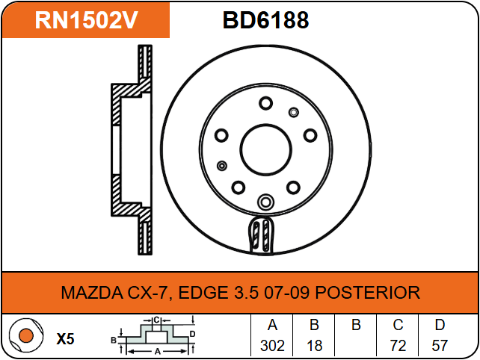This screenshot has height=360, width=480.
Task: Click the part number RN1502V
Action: [x=86, y=20]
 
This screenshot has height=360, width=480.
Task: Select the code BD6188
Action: [x=265, y=20]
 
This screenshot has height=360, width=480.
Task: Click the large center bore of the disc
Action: [x=265, y=150]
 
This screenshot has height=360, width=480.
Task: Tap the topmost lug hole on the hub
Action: [x=265, y=103]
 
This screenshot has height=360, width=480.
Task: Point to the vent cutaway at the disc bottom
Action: [x=261, y=235]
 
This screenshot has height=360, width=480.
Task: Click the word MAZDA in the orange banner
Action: [x=92, y=293]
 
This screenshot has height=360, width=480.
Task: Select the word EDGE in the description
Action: [x=203, y=293]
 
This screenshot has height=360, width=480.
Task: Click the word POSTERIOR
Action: [x=368, y=293]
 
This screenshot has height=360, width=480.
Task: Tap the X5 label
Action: [x=65, y=339]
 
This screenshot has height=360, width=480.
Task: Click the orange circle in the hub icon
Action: [x=26, y=335]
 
